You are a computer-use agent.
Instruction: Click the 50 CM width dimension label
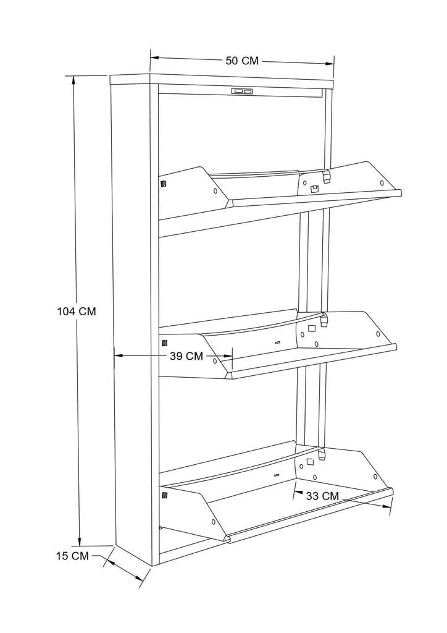pos(241,61)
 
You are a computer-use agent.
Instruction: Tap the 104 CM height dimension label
pos(77,312)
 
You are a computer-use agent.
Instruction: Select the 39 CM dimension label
pos(186,356)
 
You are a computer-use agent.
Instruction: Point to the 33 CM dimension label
pos(322,496)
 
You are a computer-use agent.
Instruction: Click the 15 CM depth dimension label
pos(72,556)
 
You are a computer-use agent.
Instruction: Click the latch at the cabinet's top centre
pos(242,91)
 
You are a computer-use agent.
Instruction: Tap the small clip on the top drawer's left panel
pos(164,184)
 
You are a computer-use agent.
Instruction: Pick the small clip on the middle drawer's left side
pos(164,342)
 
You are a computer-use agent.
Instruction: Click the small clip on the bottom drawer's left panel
pos(164,495)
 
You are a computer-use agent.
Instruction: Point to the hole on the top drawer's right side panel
pos(382,182)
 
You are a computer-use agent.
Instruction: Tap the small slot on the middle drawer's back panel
pos(277,342)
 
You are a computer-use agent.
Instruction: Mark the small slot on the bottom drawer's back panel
pos(276,475)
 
